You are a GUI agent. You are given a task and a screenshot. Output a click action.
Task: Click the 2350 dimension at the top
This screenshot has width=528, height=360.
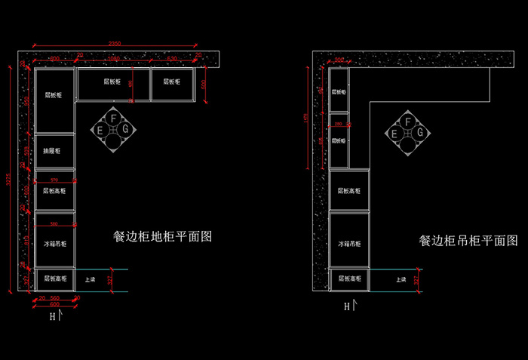pos(115,42)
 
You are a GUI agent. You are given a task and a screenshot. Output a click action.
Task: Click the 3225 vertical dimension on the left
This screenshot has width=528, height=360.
pos(7,178)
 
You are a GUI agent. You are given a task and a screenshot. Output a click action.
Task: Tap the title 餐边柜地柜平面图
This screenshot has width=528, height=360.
pos(162,236)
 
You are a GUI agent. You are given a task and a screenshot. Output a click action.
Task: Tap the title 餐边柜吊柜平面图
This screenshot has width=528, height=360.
pos(468,241)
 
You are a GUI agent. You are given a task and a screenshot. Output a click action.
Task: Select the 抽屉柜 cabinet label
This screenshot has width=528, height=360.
pos(54,151)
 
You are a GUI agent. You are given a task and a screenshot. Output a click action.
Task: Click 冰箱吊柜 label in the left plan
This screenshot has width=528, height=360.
pos(54,245)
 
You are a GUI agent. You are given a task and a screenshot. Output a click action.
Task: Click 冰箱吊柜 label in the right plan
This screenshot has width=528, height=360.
pos(349,245)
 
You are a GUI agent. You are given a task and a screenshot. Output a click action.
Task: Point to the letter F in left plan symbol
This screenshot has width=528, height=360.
pos(113,118)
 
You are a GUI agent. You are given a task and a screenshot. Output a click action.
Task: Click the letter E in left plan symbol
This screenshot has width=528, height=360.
pos(100,130)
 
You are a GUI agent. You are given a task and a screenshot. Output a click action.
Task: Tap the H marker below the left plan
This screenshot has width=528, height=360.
pos(53,316)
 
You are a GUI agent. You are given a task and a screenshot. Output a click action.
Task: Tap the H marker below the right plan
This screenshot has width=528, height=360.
pos(347,306)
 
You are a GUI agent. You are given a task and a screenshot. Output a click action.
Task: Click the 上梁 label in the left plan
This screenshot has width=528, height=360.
pos(90,279)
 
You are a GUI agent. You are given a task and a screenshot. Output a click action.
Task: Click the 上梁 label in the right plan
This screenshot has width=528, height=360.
pos(401,279)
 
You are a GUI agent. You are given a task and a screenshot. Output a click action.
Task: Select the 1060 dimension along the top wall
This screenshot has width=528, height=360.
pos(113,58)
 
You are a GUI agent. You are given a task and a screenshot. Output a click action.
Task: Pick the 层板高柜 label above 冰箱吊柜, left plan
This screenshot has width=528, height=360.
pos(54,192)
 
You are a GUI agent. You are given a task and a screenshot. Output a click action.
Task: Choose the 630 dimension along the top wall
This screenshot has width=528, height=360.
pos(173,58)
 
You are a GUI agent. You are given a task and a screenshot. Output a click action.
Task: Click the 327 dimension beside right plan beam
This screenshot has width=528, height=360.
pos(417,280)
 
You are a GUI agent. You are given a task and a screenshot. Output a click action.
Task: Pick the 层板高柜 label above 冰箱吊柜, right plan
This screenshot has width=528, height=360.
pos(349,191)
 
